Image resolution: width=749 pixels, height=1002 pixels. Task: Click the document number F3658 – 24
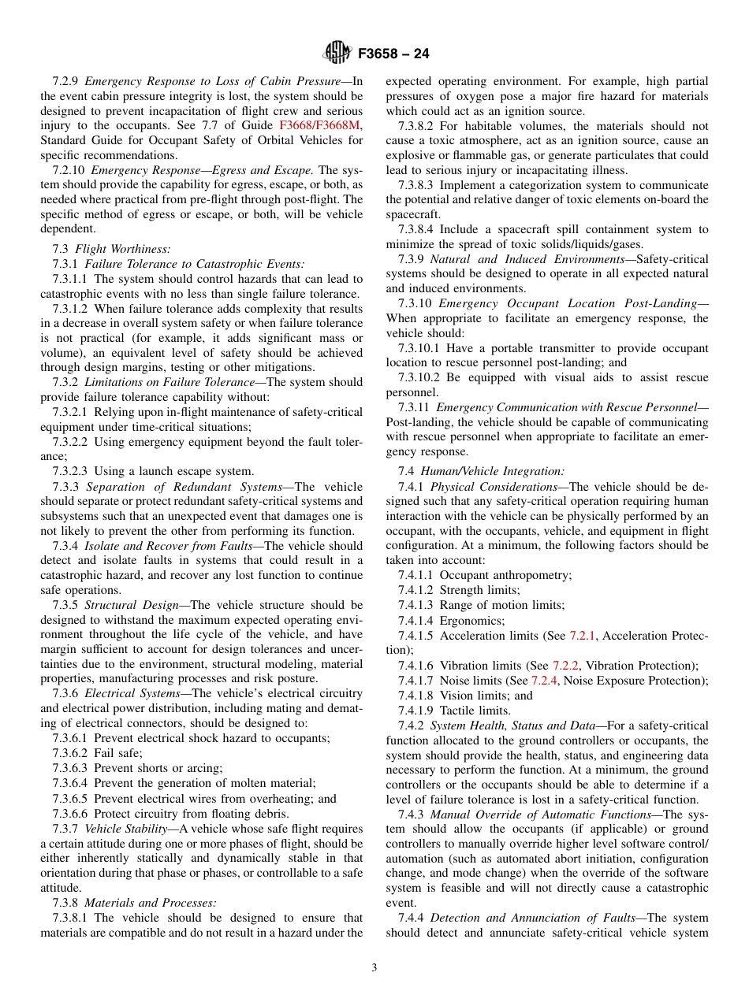pyautogui.click(x=393, y=54)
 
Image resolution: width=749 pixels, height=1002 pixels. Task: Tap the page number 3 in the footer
pyautogui.click(x=374, y=967)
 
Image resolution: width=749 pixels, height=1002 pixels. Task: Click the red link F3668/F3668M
pyautogui.click(x=320, y=125)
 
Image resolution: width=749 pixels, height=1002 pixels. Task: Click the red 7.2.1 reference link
pyautogui.click(x=583, y=636)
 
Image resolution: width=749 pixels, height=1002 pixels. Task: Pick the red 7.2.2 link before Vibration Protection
pyautogui.click(x=565, y=666)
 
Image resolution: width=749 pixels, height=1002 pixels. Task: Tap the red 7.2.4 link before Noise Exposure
pyautogui.click(x=543, y=681)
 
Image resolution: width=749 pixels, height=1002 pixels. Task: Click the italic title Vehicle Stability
pyautogui.click(x=125, y=828)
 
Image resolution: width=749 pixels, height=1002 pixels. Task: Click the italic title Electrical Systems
pyautogui.click(x=132, y=693)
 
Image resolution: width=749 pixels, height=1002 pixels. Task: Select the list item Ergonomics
pyautogui.click(x=472, y=621)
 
